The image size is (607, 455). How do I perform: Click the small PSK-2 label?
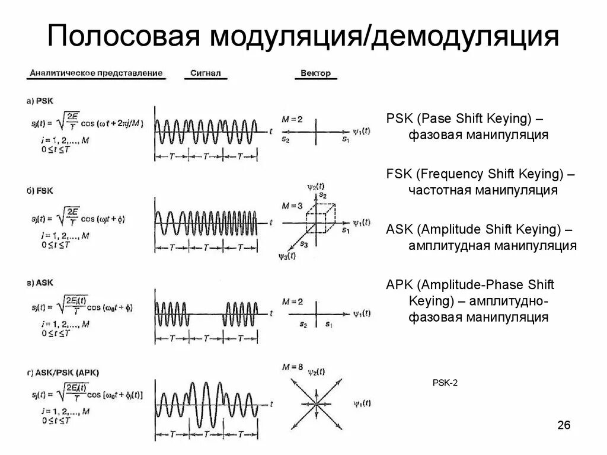coord(445,383)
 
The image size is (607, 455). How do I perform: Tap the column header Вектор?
coord(315,74)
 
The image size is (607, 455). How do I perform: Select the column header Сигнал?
coord(206,74)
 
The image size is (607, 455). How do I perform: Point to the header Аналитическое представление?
coord(95,73)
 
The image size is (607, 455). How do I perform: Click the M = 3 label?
coord(292,206)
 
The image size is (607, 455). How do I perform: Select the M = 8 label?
coord(293,367)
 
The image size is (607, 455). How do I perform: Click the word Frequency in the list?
coord(443,174)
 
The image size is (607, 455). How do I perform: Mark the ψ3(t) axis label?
coord(287,256)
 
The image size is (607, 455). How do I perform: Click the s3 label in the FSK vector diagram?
coord(304,243)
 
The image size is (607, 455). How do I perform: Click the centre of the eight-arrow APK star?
coord(317,403)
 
